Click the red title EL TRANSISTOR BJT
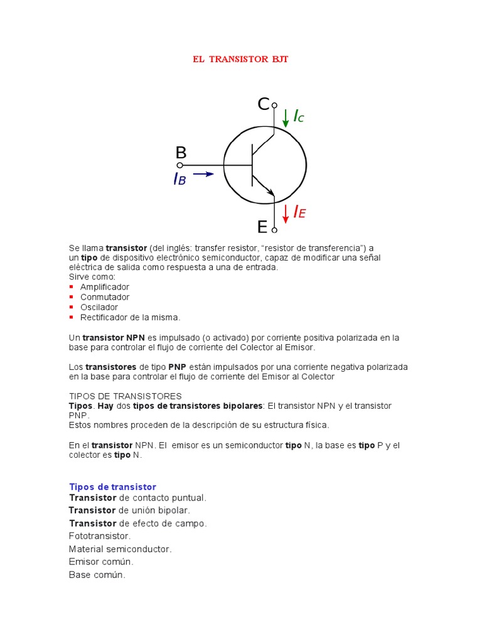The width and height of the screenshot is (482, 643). (240, 60)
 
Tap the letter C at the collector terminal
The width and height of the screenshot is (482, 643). (263, 104)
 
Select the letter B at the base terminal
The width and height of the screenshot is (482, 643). (181, 153)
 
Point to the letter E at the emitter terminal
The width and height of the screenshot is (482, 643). (262, 226)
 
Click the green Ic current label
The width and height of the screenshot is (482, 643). (298, 116)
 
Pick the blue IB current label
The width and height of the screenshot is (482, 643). (179, 180)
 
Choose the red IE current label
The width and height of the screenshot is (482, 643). (299, 213)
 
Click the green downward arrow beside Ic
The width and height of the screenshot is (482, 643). (286, 117)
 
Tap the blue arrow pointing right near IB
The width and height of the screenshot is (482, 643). (203, 175)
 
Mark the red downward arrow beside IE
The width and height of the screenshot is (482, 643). (286, 213)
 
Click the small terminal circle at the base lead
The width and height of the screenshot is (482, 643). (179, 166)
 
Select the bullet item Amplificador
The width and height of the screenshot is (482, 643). (104, 287)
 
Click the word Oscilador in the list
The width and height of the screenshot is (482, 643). (99, 307)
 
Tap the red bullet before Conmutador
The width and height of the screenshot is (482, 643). (71, 297)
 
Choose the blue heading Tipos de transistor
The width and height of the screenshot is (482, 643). (112, 487)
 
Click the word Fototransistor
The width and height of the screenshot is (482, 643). (100, 536)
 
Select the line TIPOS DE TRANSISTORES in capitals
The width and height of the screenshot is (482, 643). (125, 396)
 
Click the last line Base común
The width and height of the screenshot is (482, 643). (97, 575)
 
